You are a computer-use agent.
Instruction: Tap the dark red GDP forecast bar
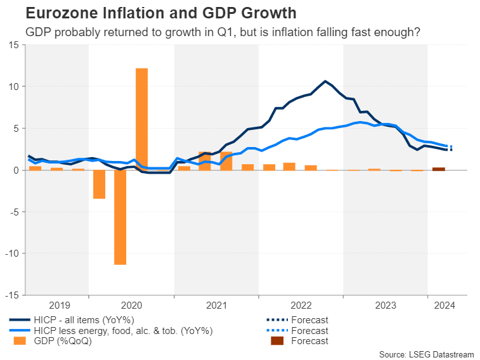pos(438,169)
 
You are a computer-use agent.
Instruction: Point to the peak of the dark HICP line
pos(325,81)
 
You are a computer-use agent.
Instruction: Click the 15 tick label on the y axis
pos(13,44)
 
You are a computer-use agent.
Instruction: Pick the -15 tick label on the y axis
pos(11,295)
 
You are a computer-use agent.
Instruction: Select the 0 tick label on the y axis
pos(16,170)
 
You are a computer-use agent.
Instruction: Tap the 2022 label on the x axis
pos(301,305)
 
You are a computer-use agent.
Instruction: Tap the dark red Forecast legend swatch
pos(278,341)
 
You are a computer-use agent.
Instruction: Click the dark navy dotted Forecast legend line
pos(278,320)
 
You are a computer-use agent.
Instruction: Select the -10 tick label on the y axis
pos(11,254)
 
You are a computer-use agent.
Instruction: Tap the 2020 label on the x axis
pos(131,305)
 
